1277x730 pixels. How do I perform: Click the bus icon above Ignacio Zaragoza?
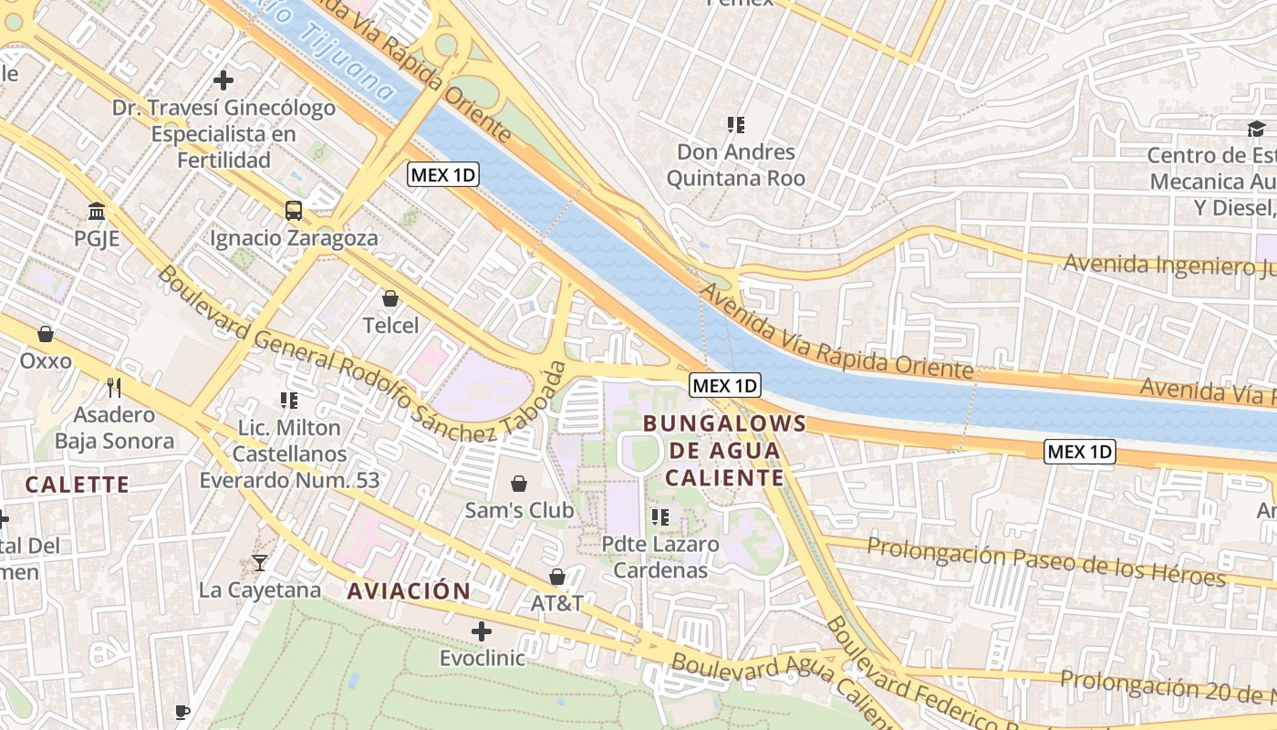pyautogui.click(x=294, y=211)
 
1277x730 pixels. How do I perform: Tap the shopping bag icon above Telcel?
pyautogui.click(x=390, y=298)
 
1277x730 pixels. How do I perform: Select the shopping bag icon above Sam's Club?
pyautogui.click(x=519, y=483)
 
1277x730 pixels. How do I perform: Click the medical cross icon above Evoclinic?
pyautogui.click(x=482, y=631)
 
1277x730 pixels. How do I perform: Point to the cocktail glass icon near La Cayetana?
pyautogui.click(x=260, y=563)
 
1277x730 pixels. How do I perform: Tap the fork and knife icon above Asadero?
pyautogui.click(x=114, y=388)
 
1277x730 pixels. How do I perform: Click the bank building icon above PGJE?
pyautogui.click(x=96, y=213)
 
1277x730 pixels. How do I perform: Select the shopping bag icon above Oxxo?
pyautogui.click(x=46, y=334)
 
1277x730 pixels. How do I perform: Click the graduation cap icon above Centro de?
pyautogui.click(x=1256, y=129)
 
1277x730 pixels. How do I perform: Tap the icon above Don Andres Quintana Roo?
pyautogui.click(x=735, y=125)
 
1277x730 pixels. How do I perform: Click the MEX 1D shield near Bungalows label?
pyautogui.click(x=724, y=385)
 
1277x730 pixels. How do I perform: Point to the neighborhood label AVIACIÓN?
pyautogui.click(x=409, y=590)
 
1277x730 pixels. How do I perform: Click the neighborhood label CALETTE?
pyautogui.click(x=77, y=484)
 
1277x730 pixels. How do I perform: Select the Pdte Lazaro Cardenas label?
pyautogui.click(x=660, y=557)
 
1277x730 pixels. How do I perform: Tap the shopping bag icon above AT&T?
pyautogui.click(x=557, y=577)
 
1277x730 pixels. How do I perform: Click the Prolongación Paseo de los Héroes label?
pyautogui.click(x=1045, y=562)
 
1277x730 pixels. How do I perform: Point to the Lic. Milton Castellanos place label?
pyautogui.click(x=288, y=454)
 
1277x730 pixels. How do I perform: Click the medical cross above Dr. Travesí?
pyautogui.click(x=223, y=80)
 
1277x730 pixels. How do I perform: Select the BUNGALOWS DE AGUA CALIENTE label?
pyautogui.click(x=724, y=450)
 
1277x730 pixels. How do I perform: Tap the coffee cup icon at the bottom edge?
pyautogui.click(x=182, y=711)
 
